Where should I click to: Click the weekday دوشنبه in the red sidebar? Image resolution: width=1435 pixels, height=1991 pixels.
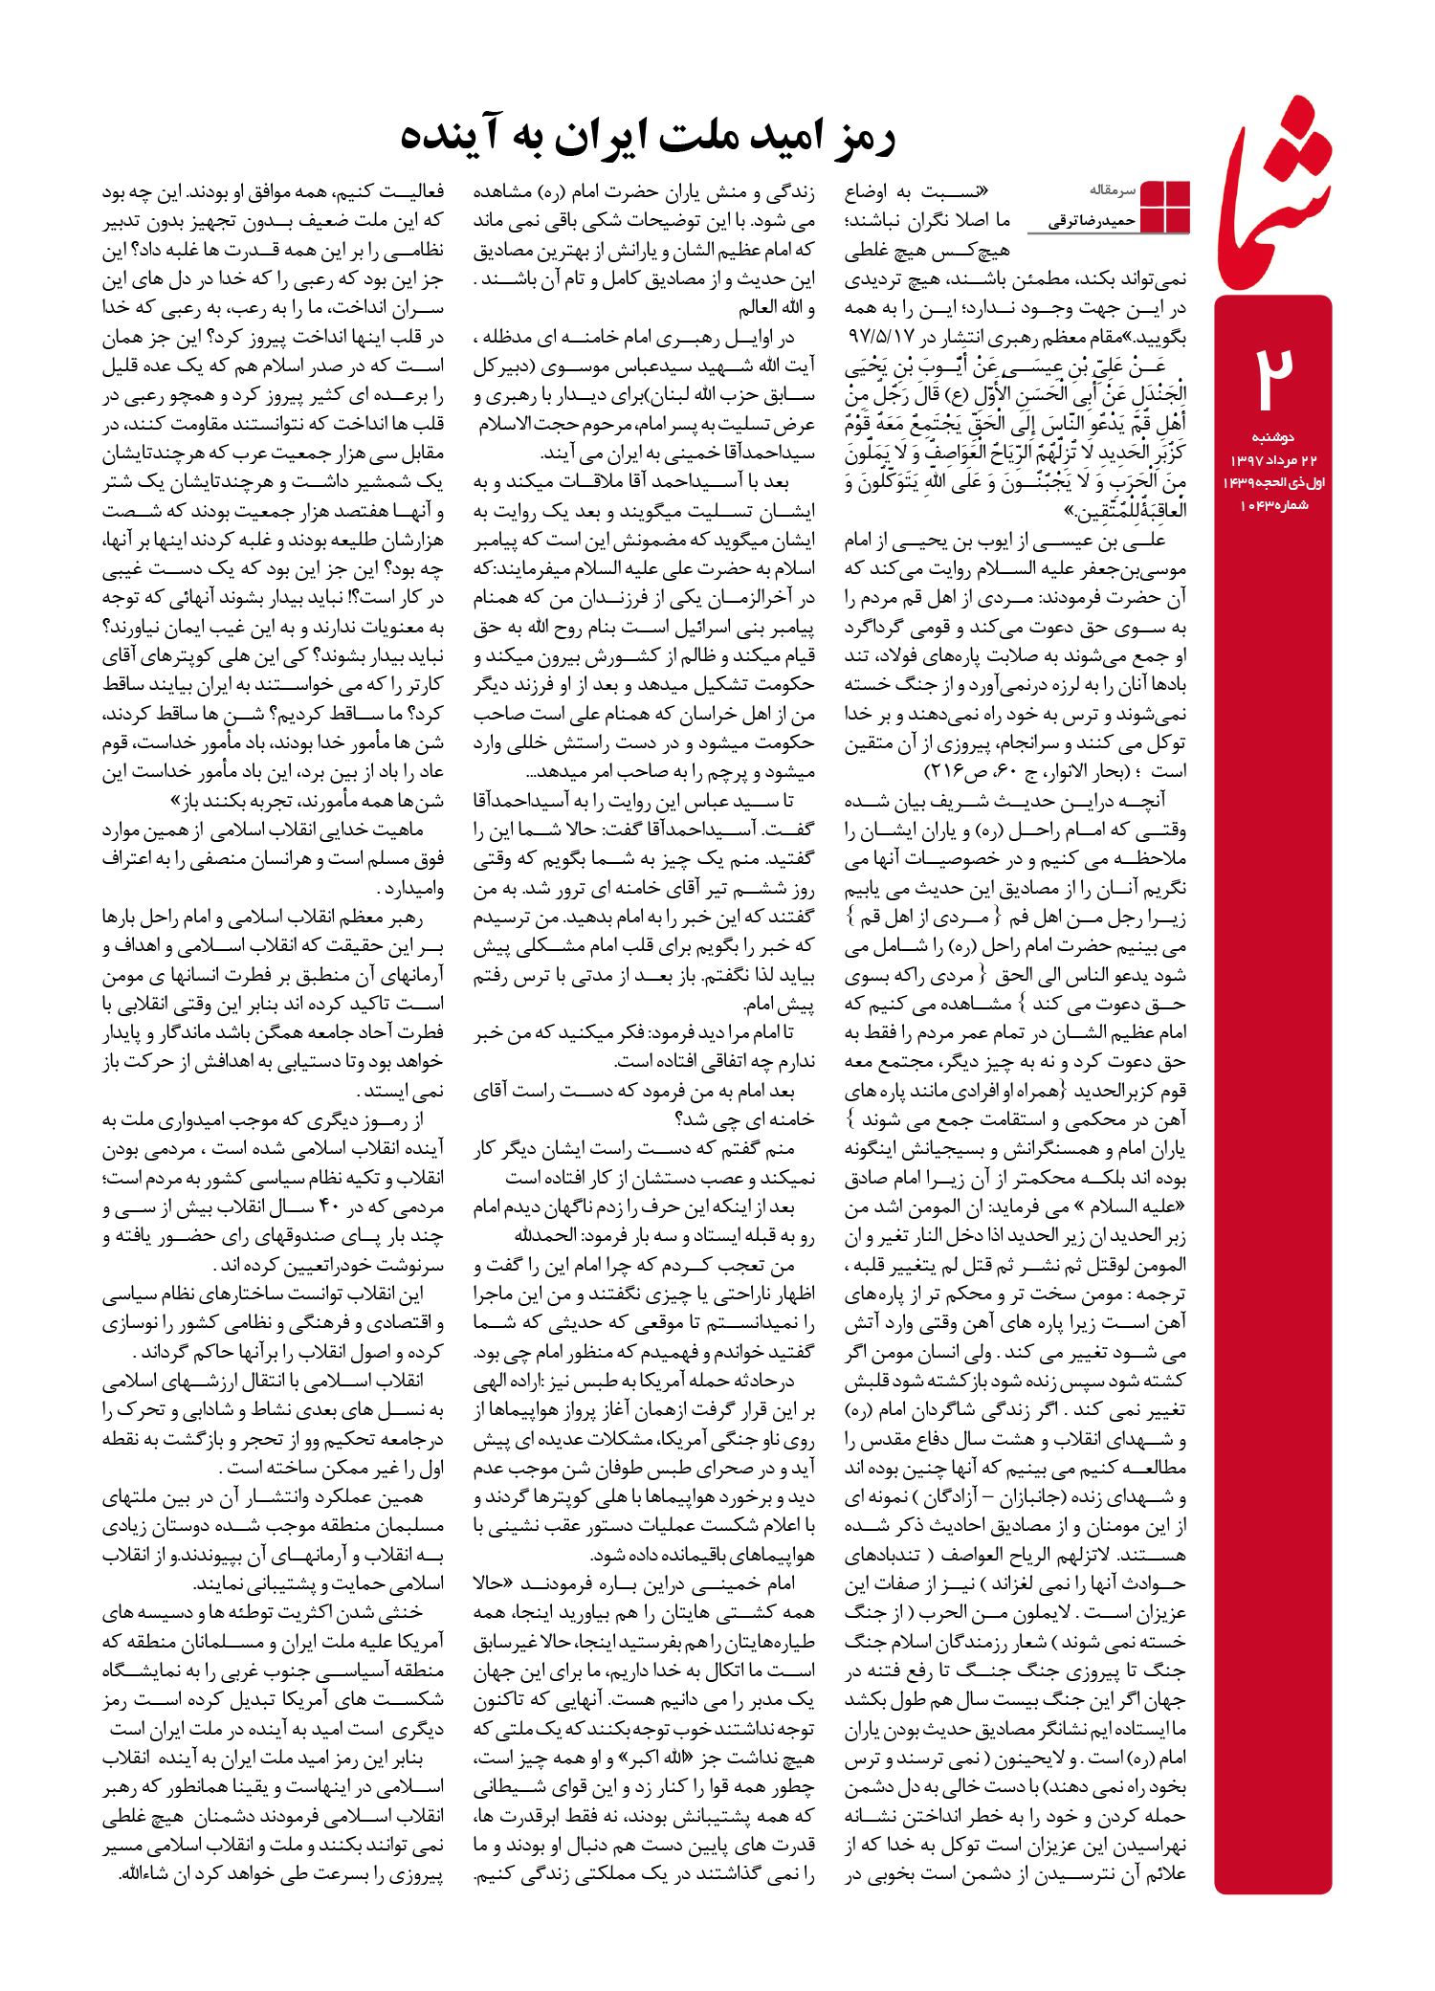coord(1272,437)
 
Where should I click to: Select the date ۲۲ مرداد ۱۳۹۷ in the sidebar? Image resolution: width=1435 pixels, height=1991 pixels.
coord(1273,460)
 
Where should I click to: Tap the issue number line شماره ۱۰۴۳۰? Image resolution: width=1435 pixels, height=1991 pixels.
coord(1273,505)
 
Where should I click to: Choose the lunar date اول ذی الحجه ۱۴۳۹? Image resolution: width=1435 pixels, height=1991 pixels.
coord(1273,482)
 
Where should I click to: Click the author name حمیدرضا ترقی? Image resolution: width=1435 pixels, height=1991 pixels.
coord(1092,222)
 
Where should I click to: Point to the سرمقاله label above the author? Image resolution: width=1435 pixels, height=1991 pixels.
coord(1111,190)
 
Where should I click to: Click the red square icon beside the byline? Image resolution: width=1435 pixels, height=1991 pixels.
coord(1165,207)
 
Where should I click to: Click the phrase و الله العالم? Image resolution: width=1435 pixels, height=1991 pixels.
coord(776,308)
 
